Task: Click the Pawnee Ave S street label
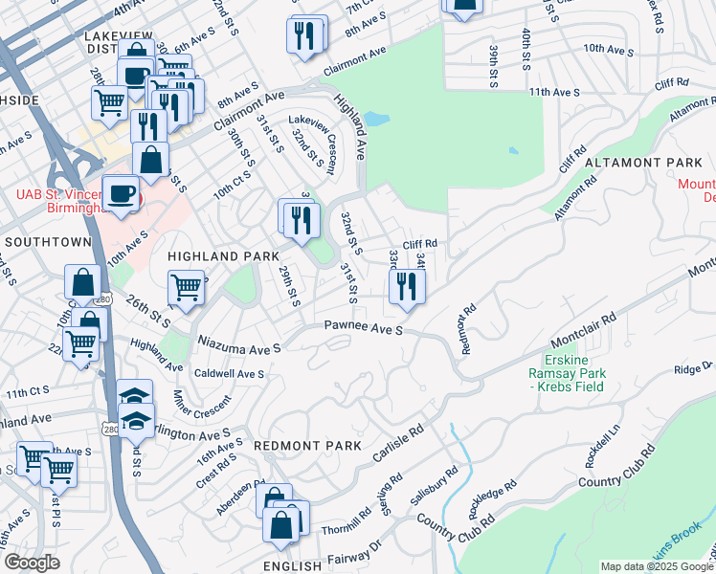[x=363, y=329]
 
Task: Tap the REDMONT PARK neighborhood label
[x=308, y=446]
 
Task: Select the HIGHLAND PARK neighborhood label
[x=223, y=256]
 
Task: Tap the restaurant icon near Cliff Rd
[x=407, y=285]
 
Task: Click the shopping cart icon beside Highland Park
[x=187, y=286]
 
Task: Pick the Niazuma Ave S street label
[x=238, y=342]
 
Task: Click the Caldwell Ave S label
[x=229, y=373]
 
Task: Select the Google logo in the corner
[x=32, y=563]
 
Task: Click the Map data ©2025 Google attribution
[x=657, y=566]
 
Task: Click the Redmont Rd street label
[x=468, y=329]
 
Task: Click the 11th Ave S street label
[x=554, y=92]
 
